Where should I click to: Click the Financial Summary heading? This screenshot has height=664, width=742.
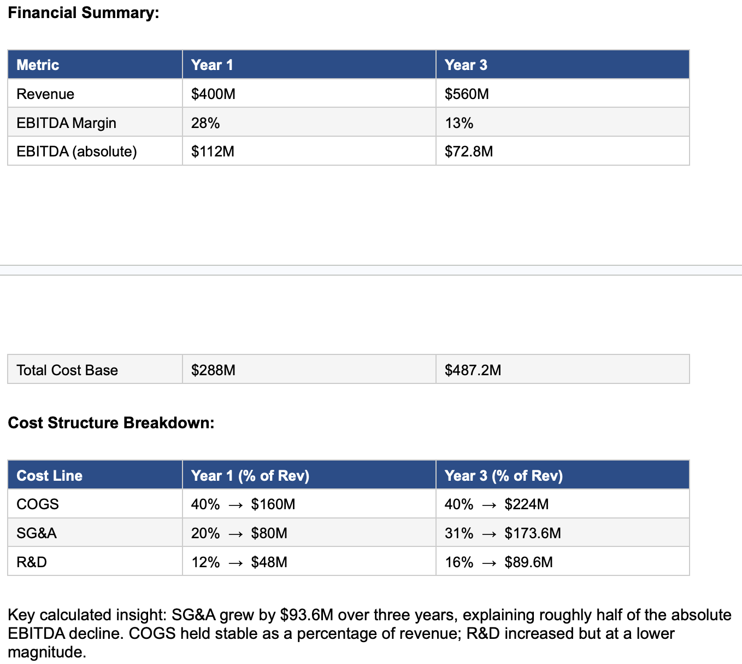point(84,13)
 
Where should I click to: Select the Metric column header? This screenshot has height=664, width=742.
point(38,65)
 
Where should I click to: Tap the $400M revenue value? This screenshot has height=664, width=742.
point(213,94)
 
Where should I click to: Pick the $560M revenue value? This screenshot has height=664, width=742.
point(467,94)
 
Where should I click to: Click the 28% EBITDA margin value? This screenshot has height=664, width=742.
point(205,123)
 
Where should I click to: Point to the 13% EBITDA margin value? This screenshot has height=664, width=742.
point(459,123)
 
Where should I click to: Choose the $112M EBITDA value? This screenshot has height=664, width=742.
point(213,152)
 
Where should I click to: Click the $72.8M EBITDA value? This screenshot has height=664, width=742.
point(469,152)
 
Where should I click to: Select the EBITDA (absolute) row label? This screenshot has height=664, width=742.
point(76,152)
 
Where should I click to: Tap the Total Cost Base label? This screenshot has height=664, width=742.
point(67,370)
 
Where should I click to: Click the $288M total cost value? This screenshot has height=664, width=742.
point(213,370)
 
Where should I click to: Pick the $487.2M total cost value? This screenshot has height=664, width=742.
point(473,370)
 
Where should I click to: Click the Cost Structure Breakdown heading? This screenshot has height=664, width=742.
point(111,423)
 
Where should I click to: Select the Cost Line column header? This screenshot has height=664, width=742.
point(49,475)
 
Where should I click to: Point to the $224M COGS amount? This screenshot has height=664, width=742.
point(527,504)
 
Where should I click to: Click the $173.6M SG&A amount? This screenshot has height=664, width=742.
point(533,533)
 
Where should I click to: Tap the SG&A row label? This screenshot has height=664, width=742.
point(37,533)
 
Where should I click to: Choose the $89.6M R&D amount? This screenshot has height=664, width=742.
point(528,562)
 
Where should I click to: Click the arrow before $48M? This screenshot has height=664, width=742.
point(235,563)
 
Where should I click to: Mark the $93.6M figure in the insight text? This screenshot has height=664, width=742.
point(307,615)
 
